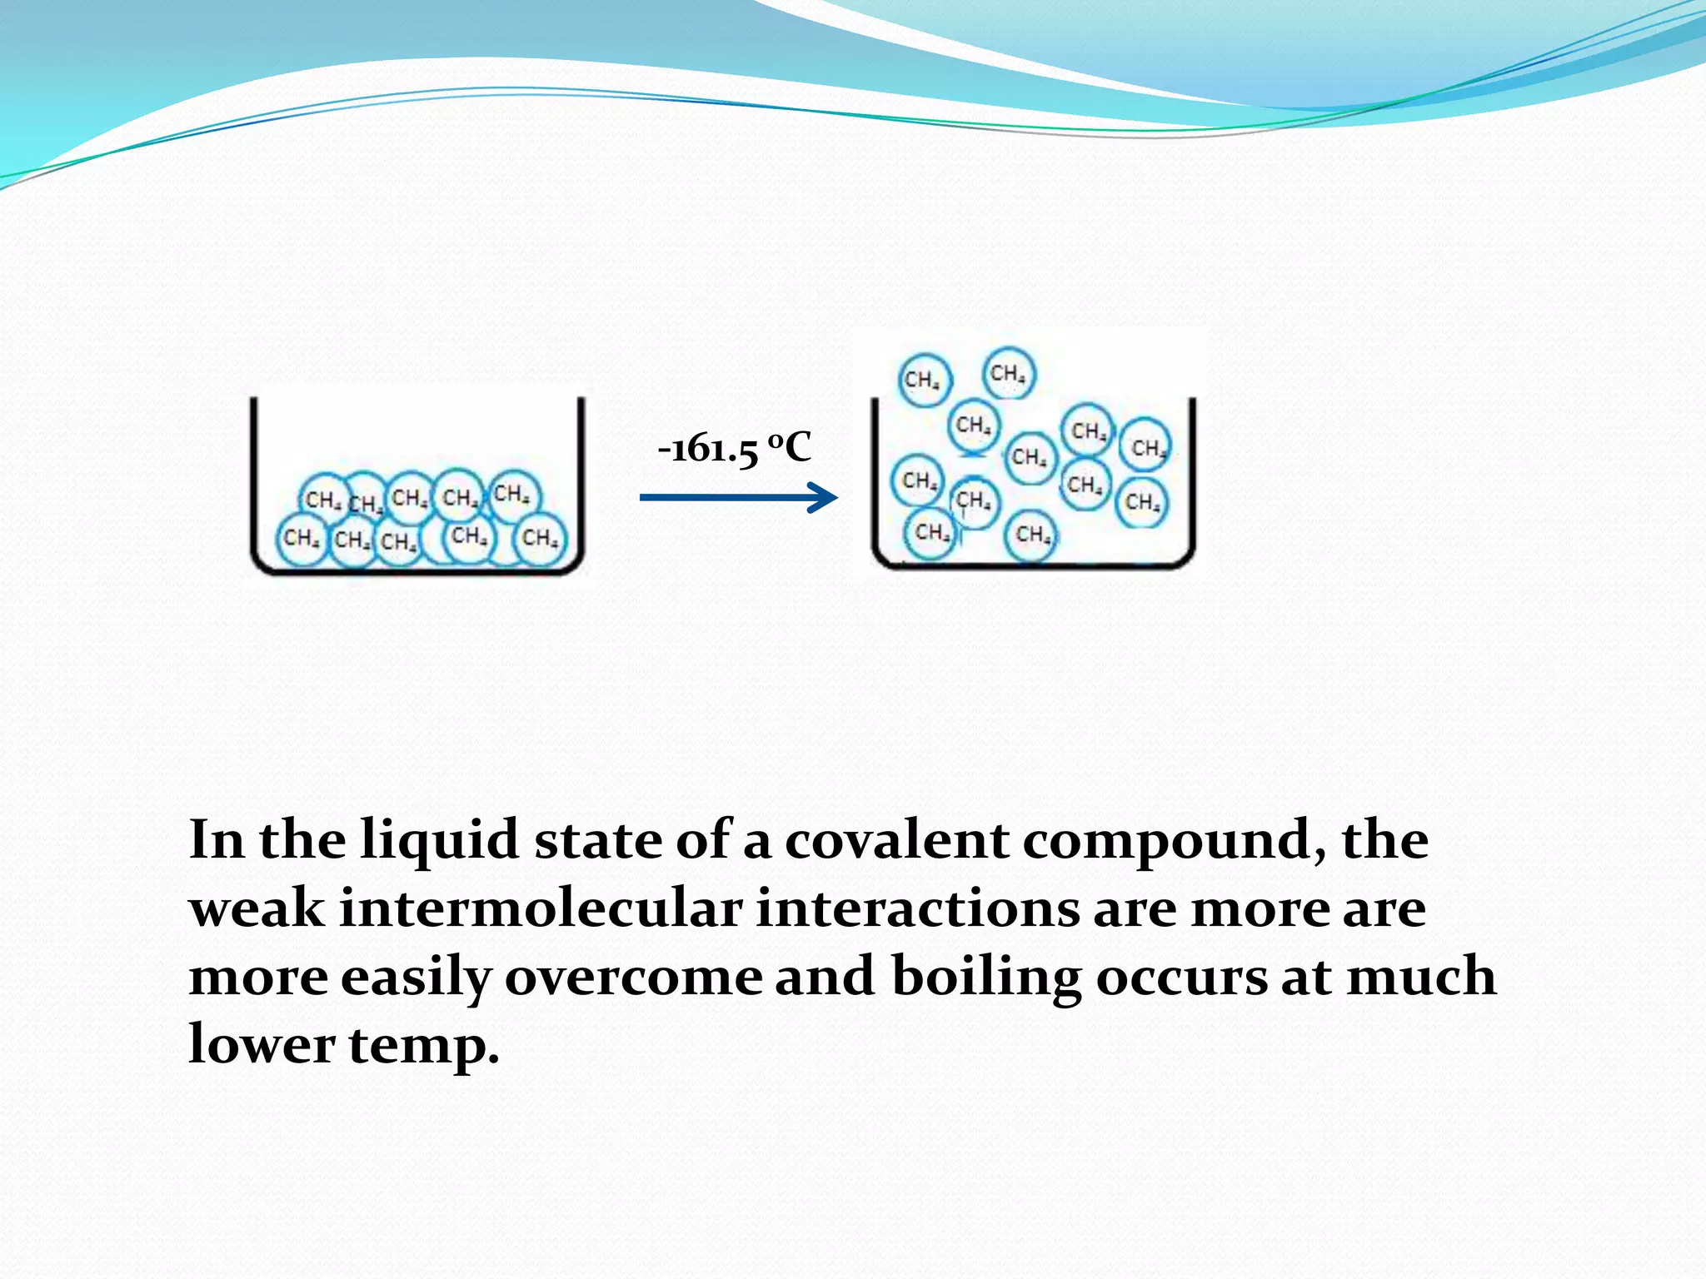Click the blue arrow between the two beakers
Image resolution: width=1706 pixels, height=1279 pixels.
pyautogui.click(x=738, y=498)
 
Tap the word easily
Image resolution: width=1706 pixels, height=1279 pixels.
pyautogui.click(x=416, y=978)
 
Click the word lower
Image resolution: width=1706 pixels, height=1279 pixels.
pyautogui.click(x=262, y=1044)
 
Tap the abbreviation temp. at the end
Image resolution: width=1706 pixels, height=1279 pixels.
pyautogui.click(x=424, y=1046)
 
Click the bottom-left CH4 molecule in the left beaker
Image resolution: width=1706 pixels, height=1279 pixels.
pyautogui.click(x=301, y=538)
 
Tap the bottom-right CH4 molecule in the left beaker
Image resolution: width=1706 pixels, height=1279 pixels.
pyautogui.click(x=540, y=538)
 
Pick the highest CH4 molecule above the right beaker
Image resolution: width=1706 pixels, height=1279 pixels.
pyautogui.click(x=1009, y=373)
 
